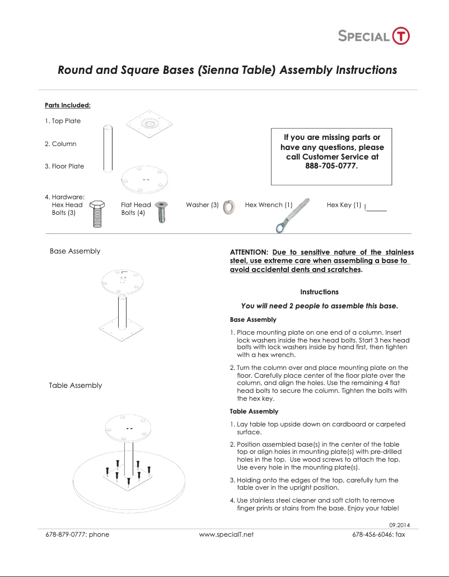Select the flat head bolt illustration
pos(161,212)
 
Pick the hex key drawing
pos(375,209)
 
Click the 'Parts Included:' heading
pos(67,105)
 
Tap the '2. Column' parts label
pos(60,144)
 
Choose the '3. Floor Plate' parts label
pos(64,166)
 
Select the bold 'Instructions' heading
pos(319,292)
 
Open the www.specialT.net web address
pos(226,534)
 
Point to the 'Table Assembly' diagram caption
pos(75,385)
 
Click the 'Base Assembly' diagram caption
pos(75,251)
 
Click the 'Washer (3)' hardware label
pos(202,205)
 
